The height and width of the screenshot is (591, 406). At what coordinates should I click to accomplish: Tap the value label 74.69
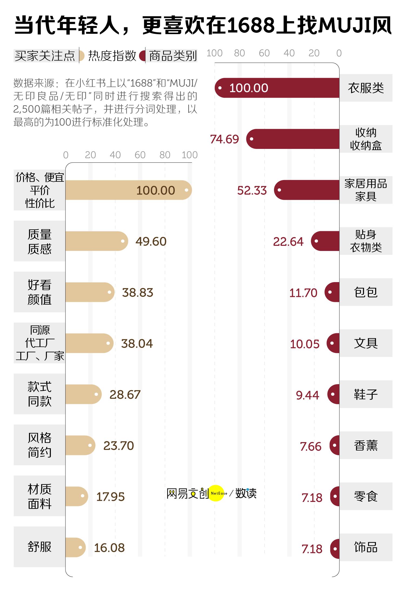(x=225, y=139)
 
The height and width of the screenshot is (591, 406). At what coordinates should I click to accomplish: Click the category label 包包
(x=366, y=292)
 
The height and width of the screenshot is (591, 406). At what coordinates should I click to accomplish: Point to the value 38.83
(x=138, y=292)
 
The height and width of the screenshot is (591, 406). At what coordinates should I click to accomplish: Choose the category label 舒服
(x=39, y=547)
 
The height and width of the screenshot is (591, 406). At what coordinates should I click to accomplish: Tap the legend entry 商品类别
(x=173, y=56)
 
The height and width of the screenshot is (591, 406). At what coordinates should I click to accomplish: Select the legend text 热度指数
(x=112, y=56)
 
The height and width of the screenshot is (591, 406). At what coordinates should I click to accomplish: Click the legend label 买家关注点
(x=45, y=56)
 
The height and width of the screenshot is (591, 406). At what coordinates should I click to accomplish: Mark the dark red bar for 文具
(x=333, y=343)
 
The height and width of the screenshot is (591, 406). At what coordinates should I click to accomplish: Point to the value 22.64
(x=288, y=241)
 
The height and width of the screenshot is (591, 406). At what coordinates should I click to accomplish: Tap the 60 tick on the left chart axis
(x=140, y=155)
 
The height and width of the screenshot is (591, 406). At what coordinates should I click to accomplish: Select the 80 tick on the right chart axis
(x=239, y=53)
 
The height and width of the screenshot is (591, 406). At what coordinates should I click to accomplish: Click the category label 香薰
(x=366, y=445)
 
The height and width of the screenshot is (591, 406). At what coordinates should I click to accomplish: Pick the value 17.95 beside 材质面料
(x=110, y=497)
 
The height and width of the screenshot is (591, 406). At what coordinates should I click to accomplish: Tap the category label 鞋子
(x=366, y=394)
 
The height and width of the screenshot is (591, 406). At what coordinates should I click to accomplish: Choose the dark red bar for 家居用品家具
(x=307, y=190)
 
